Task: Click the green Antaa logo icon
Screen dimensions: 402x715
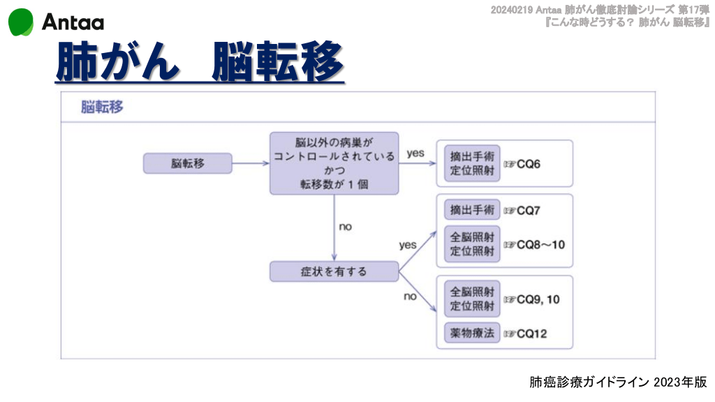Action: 21,22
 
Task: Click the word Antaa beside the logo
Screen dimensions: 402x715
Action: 73,23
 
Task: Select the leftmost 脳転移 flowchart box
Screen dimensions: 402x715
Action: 186,164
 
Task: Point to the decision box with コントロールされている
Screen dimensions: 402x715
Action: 334,163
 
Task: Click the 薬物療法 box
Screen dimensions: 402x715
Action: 472,333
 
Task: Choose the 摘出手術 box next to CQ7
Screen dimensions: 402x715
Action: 472,209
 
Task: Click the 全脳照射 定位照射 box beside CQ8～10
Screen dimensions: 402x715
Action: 472,244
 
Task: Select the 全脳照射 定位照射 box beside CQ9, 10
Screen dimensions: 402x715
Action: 472,299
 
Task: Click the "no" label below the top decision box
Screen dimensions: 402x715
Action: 345,227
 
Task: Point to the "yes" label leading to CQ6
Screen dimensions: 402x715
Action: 415,153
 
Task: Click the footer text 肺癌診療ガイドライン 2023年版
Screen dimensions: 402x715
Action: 618,382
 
